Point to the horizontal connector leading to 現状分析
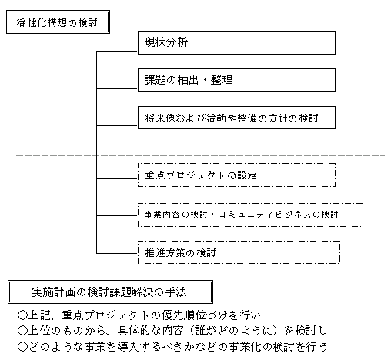[x=117, y=52]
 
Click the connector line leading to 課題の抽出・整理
[x=117, y=88]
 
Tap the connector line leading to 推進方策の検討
[x=117, y=253]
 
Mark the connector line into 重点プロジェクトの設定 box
[x=117, y=178]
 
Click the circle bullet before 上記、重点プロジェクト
[x=22, y=315]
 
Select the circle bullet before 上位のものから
[x=22, y=331]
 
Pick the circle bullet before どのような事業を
[x=22, y=347]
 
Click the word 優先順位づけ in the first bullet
[x=195, y=315]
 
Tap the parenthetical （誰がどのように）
[x=233, y=331]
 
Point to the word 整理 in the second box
[x=222, y=80]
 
